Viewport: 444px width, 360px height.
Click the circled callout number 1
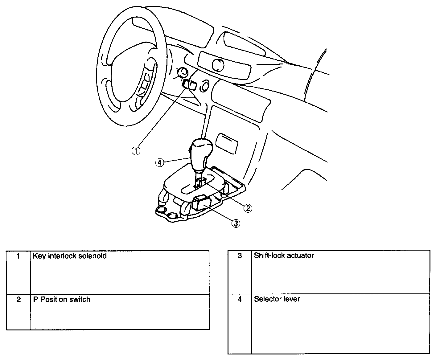(136, 151)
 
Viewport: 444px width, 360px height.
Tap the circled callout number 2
(248, 208)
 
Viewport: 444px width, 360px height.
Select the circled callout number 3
(235, 223)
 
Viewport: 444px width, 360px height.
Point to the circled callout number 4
(160, 162)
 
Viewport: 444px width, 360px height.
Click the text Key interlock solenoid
(70, 256)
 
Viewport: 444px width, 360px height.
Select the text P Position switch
(62, 299)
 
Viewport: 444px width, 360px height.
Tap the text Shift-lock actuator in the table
(284, 256)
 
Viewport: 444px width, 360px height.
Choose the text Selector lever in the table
(277, 299)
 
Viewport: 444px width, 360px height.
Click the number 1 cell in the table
(18, 256)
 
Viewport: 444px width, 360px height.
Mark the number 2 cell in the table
(18, 299)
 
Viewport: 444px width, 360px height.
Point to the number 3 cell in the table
(240, 256)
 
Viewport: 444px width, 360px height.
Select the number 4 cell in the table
(240, 299)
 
